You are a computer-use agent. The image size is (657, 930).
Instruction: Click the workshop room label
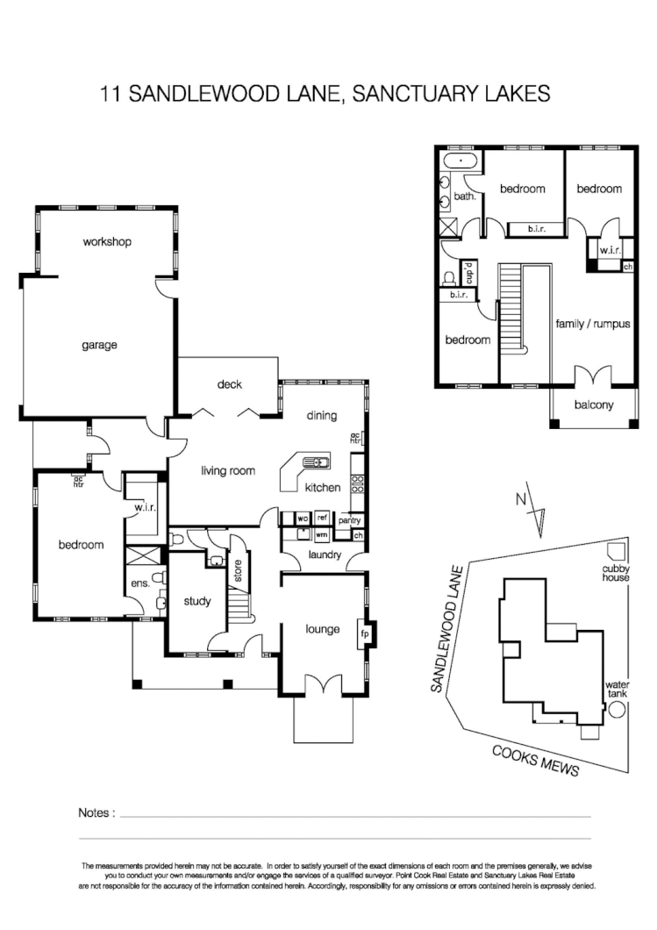[107, 241]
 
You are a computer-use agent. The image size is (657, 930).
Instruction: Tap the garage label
[99, 345]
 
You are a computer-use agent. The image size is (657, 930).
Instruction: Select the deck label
[230, 384]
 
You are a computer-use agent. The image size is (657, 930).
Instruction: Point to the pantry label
[350, 520]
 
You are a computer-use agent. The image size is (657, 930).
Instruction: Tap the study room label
[197, 602]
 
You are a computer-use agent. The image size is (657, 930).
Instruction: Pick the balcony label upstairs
[594, 404]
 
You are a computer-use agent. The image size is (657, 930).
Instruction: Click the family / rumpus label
[593, 323]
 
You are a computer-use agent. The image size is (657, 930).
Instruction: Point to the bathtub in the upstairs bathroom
[461, 161]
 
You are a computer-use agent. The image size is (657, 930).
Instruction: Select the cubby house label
[616, 573]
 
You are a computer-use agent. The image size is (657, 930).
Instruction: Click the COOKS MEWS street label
[535, 760]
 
